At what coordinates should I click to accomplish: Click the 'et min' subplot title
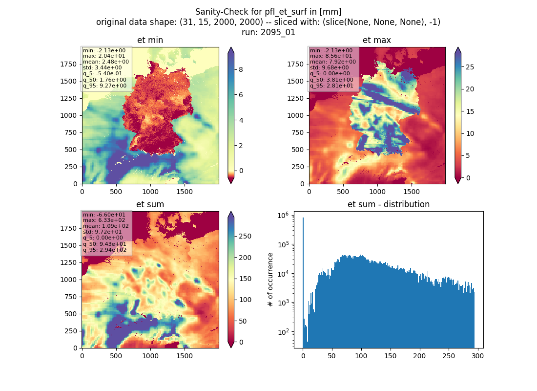coord(150,40)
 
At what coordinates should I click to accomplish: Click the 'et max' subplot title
coord(377,40)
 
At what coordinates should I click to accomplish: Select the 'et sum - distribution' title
coord(389,204)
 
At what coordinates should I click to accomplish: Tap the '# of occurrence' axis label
coord(270,280)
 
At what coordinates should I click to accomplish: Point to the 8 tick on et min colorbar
coord(241,69)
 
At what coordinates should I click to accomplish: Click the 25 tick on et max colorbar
coord(470,67)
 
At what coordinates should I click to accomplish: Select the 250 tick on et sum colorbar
coord(245,237)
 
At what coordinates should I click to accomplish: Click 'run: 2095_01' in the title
coord(268,32)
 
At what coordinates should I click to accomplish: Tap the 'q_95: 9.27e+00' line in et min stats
coord(104,86)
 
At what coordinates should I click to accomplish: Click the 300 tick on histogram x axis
coord(477,356)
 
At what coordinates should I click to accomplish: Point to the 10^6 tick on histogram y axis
coord(283,216)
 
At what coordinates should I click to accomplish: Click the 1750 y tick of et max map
coord(295,64)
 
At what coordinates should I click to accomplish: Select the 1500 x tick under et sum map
coord(184,356)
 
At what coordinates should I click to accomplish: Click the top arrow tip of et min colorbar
coord(231,47)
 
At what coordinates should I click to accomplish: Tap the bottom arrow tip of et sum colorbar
coord(231,348)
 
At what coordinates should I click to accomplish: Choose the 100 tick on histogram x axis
coord(361,356)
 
